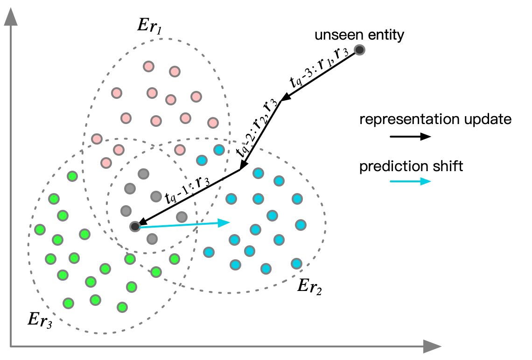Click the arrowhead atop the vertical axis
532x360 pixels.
(x=11, y=17)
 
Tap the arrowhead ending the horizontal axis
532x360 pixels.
(x=432, y=346)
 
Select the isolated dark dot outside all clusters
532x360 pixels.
(x=359, y=50)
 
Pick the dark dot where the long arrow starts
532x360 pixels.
(x=135, y=227)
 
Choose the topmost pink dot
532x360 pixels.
(x=149, y=66)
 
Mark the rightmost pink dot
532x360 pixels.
(x=213, y=123)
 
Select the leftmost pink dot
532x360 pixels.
(x=97, y=139)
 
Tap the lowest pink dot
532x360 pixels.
(x=106, y=163)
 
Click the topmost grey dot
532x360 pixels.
(x=143, y=174)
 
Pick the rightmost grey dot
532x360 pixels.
(x=182, y=217)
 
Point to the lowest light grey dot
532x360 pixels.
(x=152, y=239)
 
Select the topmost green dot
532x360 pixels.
(x=72, y=176)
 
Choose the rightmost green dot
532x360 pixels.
(x=175, y=259)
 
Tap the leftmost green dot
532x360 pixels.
(x=40, y=229)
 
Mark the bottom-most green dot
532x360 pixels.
(x=122, y=307)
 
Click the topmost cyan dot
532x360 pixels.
(x=219, y=150)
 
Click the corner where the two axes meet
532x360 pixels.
(x=11, y=346)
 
